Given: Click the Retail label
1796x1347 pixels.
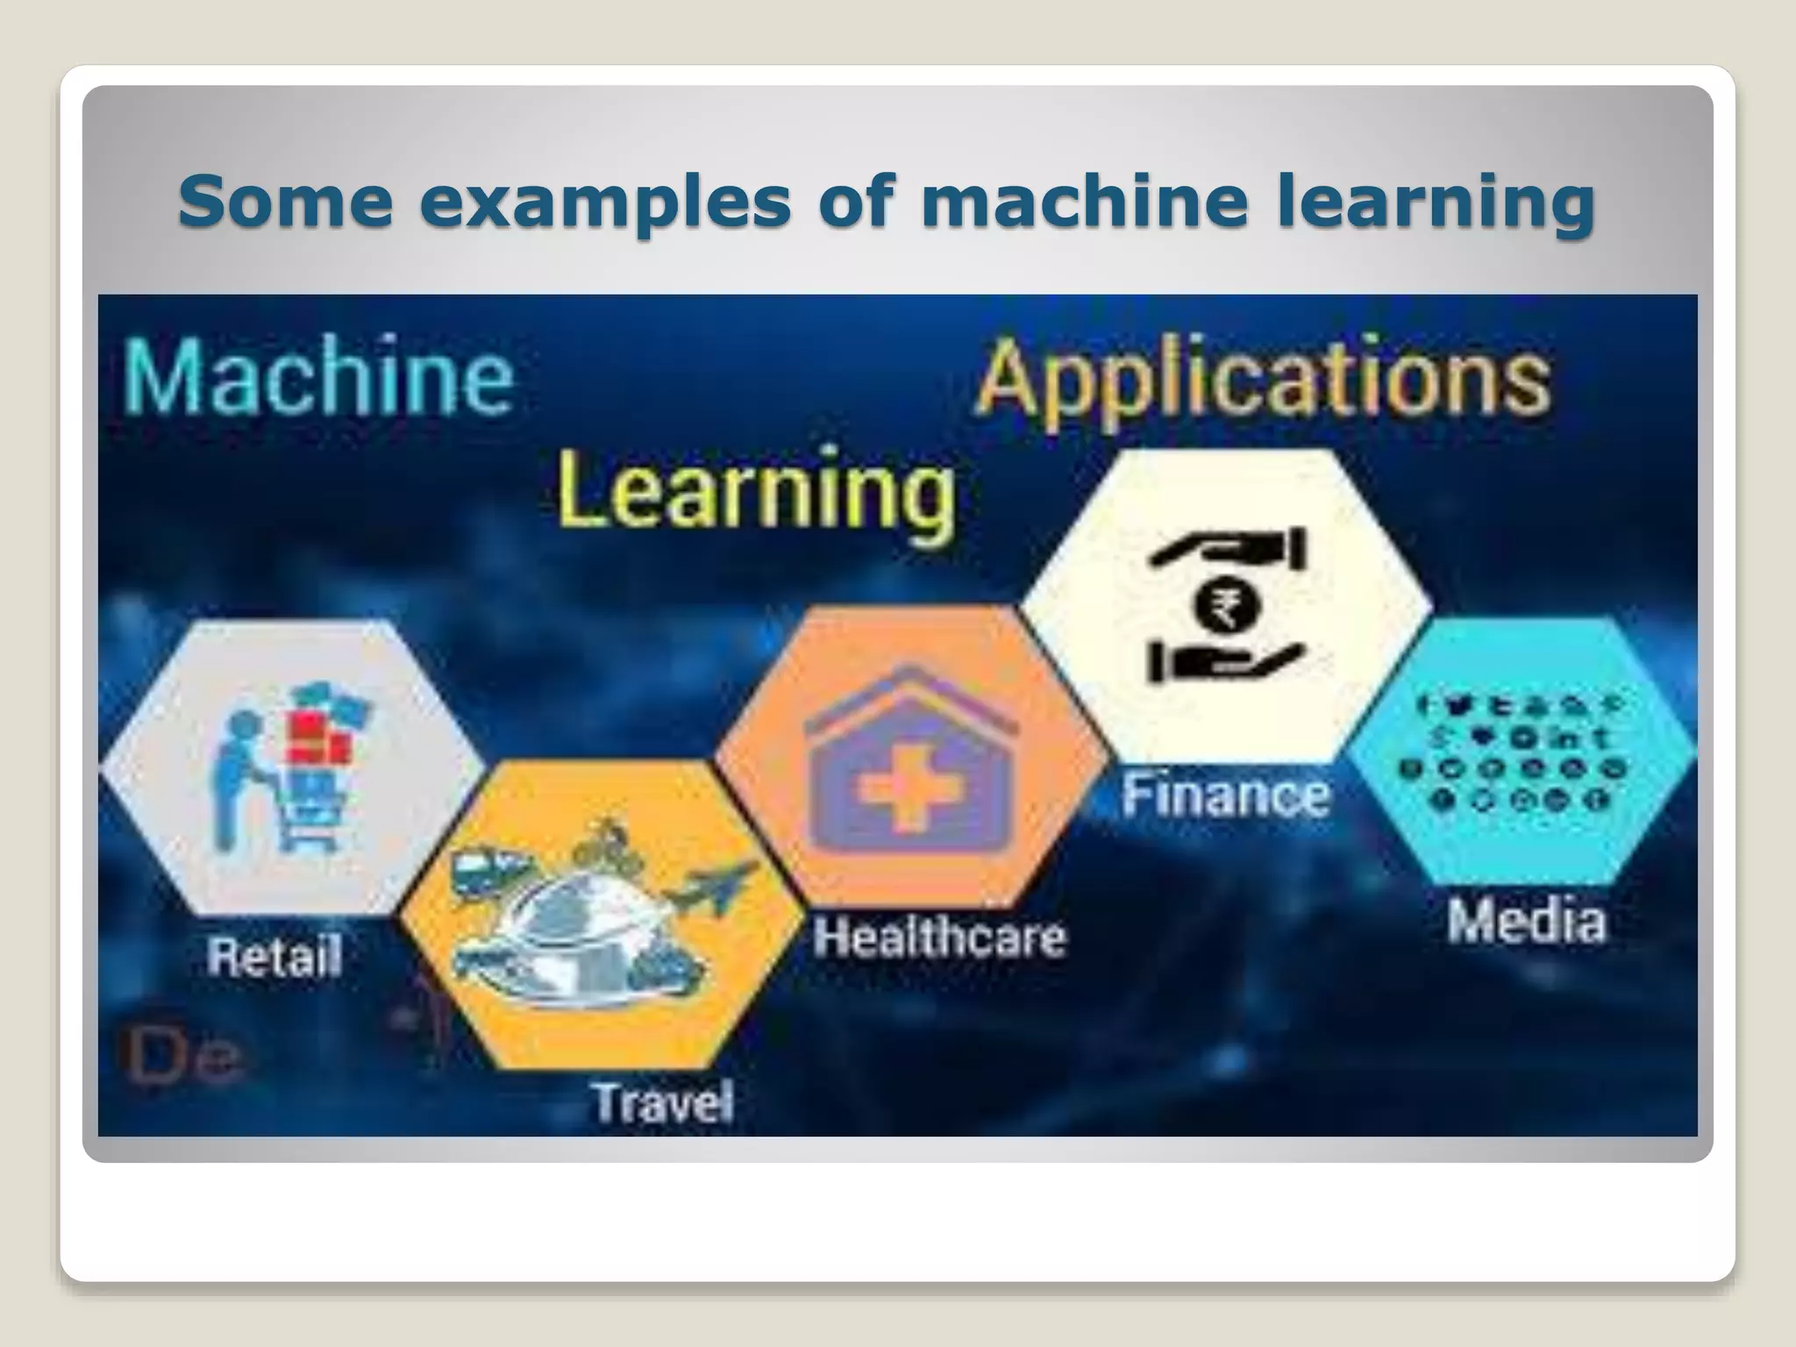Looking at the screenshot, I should pyautogui.click(x=274, y=956).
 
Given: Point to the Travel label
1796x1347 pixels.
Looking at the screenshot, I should pyautogui.click(x=663, y=1102).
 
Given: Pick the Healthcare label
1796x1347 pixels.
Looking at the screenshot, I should pyautogui.click(x=939, y=937).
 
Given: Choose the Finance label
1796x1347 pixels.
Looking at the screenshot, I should pyautogui.click(x=1225, y=795).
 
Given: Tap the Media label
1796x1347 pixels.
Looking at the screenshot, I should pyautogui.click(x=1526, y=922).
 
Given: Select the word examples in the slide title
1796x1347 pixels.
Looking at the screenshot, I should pyautogui.click(x=605, y=201).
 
